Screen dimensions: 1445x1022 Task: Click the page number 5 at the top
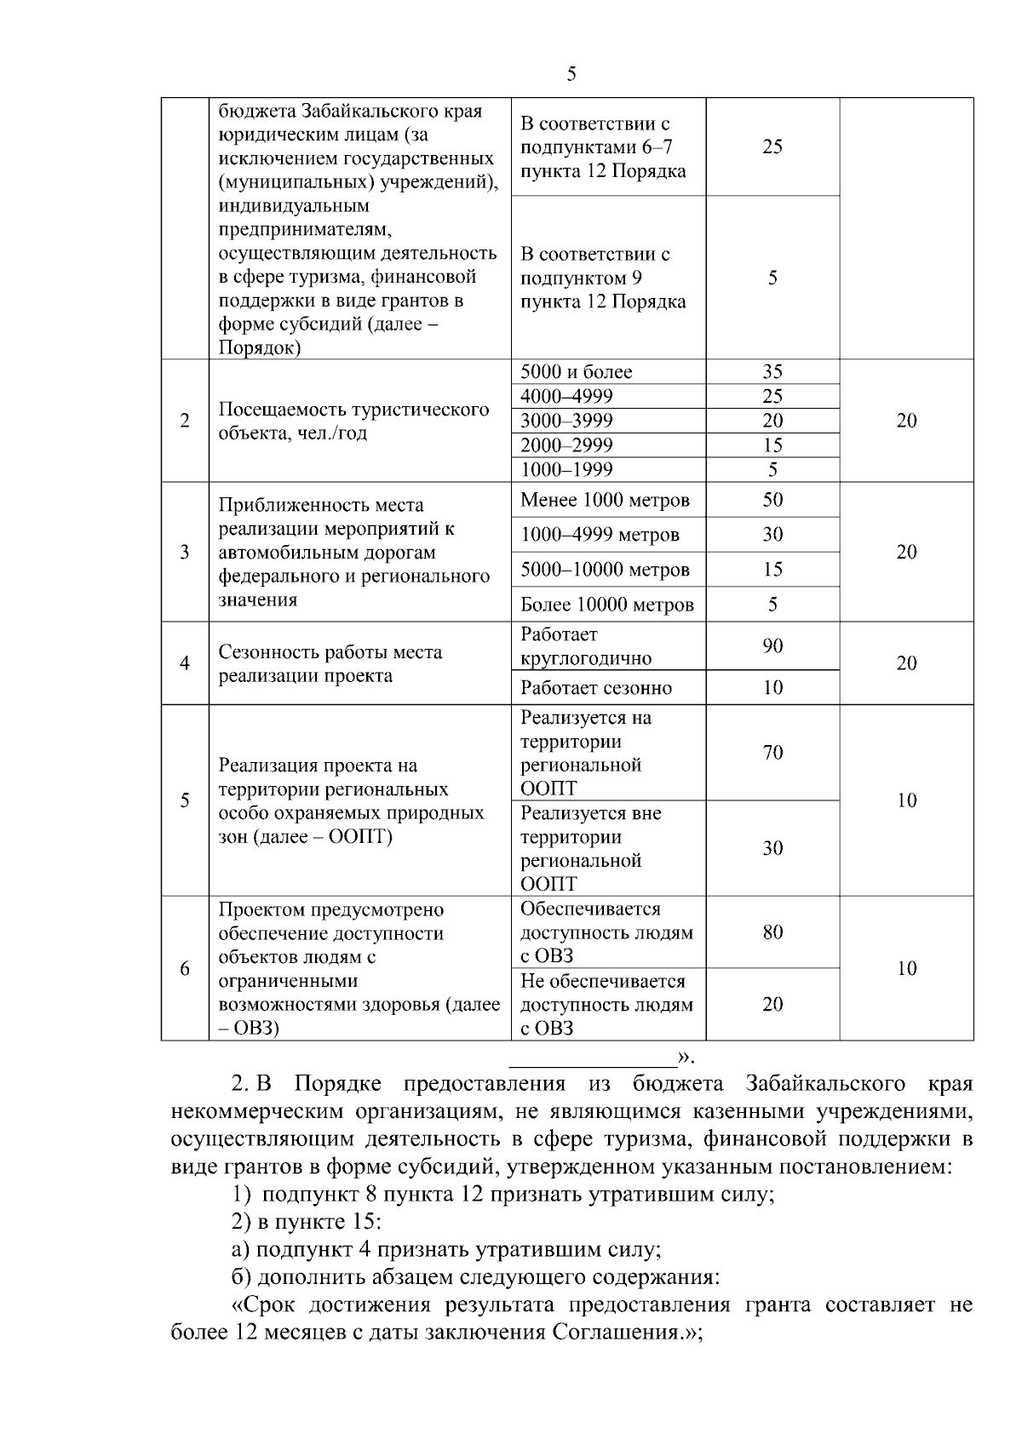(x=571, y=74)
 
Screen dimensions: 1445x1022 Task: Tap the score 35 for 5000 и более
(x=772, y=372)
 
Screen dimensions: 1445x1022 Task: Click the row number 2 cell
(x=185, y=421)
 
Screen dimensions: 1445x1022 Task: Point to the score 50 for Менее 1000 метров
(x=772, y=500)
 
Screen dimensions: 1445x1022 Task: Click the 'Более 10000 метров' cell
(x=607, y=605)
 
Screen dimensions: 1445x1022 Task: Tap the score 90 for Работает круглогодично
(x=772, y=646)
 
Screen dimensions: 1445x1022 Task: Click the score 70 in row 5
(x=772, y=753)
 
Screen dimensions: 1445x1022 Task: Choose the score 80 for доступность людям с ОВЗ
(x=772, y=932)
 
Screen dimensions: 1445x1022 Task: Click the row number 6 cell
(x=185, y=969)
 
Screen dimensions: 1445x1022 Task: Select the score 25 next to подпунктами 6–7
(x=772, y=146)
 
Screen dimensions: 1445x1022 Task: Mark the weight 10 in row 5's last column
(x=906, y=800)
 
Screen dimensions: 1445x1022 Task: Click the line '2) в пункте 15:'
(x=307, y=1222)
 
